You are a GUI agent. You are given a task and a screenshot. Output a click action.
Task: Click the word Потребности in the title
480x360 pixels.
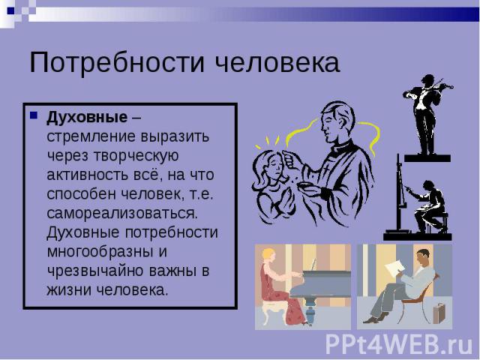117,62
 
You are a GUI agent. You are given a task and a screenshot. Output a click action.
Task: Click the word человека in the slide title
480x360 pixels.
277,62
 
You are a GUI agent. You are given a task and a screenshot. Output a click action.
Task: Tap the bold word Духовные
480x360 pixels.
87,118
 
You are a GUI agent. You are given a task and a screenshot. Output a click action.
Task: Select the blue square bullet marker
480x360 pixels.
33,115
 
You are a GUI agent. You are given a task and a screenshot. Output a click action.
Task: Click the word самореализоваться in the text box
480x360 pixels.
122,213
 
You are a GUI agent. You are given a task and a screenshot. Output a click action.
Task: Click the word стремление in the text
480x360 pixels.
91,136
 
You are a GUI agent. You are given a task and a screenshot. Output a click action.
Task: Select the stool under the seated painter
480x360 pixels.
438,223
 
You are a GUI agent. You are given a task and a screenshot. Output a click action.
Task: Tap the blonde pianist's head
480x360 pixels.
268,255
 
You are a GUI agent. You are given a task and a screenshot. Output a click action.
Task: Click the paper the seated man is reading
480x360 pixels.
395,268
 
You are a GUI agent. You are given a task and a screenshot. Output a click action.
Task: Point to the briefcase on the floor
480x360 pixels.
439,313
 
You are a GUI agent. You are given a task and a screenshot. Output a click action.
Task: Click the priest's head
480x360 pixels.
337,121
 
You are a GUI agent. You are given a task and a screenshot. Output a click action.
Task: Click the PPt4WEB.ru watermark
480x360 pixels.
399,344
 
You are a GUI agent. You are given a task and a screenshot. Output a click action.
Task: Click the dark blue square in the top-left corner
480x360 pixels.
10,10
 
